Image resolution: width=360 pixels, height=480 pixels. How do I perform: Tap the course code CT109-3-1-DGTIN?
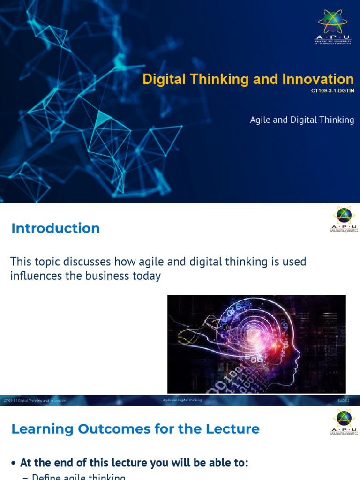click(x=332, y=91)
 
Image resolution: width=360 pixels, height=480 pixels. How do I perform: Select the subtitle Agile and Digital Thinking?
click(x=302, y=120)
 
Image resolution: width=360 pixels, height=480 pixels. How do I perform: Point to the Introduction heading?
click(x=55, y=228)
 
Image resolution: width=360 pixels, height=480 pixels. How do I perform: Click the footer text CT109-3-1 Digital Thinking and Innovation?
click(x=34, y=401)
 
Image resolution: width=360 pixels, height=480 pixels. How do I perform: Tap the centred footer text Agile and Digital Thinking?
click(x=182, y=400)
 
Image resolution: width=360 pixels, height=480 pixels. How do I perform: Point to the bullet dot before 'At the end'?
click(x=14, y=463)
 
